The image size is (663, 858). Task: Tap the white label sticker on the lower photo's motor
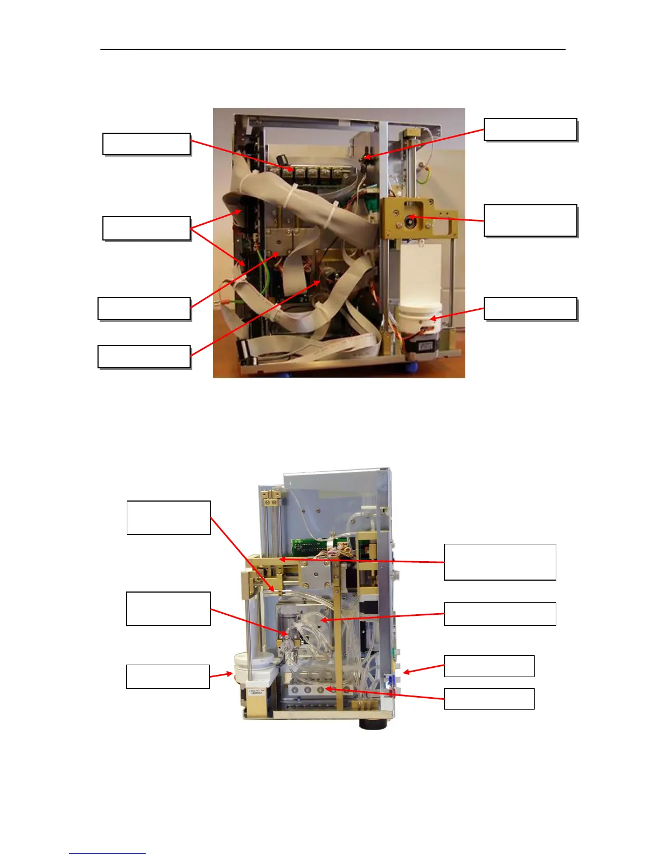pos(255,693)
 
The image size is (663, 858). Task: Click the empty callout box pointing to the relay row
pos(146,144)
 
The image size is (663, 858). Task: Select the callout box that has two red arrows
pos(146,228)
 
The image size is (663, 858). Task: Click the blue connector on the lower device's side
pos(388,681)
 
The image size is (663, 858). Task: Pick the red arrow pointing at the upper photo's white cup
pos(458,314)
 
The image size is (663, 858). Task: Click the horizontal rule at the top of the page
pos(333,49)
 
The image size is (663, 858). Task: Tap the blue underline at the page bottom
pos(107,853)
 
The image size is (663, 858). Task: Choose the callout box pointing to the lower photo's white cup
pos(168,677)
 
